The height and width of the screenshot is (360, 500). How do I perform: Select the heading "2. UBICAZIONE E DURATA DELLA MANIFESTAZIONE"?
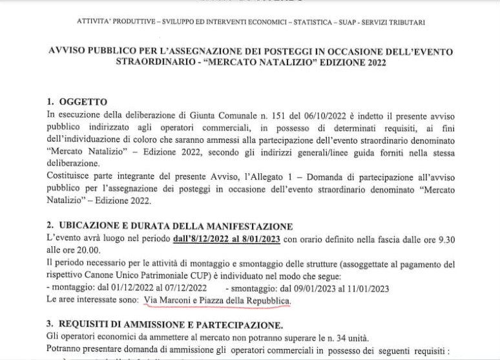point(170,226)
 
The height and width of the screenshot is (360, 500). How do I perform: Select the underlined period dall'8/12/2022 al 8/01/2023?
point(226,239)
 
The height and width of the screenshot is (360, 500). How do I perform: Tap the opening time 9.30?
point(446,239)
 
